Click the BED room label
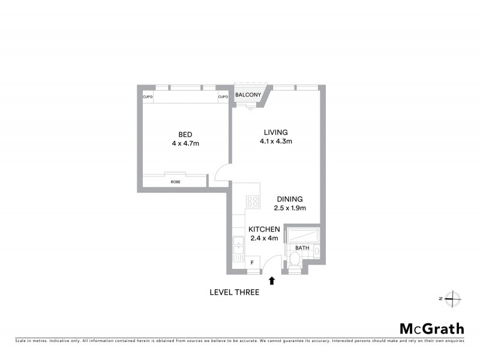185,134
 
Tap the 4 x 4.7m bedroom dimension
185,143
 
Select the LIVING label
276,133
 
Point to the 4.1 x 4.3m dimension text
276,142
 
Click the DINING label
290,199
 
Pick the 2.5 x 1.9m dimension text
290,208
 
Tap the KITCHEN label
265,230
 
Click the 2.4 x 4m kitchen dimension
265,238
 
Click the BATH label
302,247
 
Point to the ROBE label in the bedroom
175,181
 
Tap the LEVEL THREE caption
234,293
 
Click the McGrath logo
432,328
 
